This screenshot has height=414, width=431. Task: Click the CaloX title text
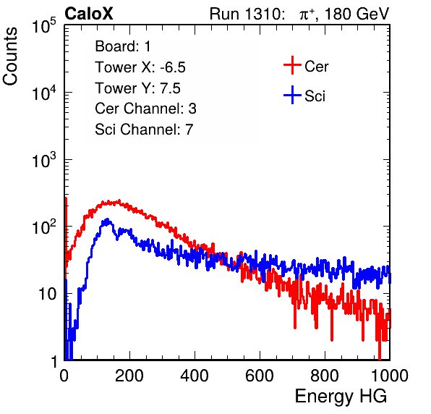pos(88,14)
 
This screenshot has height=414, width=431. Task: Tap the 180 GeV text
pos(357,14)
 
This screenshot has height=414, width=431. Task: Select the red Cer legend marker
pos(292,65)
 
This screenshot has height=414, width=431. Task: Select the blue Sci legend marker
pos(292,95)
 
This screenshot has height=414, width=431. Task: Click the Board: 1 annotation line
pos(123,46)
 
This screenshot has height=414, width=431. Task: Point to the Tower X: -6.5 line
pos(140,67)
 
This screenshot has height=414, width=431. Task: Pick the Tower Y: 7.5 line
pos(137,88)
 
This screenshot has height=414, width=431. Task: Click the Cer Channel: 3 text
pos(145,109)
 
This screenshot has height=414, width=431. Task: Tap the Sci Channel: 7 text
pos(144,130)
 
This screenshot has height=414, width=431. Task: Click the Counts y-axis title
pos(10,56)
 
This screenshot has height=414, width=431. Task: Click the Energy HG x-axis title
pos(341,397)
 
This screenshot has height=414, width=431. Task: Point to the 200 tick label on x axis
pos(129,376)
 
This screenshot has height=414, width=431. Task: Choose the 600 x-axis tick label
pos(260,376)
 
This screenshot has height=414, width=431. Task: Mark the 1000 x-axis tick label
pos(390,376)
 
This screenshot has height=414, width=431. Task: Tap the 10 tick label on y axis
pos(47,294)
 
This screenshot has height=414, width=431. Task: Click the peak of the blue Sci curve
pos(108,219)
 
